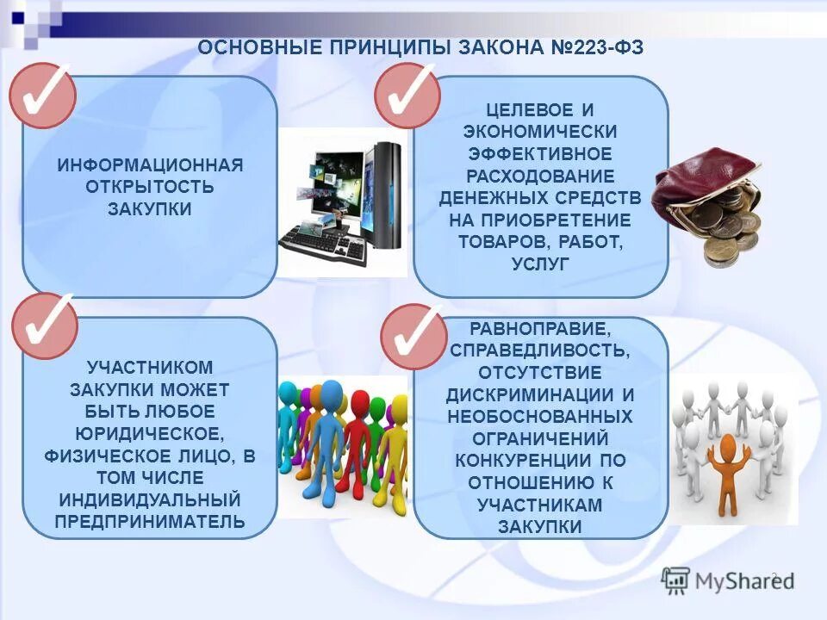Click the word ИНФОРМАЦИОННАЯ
150,164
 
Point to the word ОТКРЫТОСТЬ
150,187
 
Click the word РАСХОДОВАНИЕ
540,176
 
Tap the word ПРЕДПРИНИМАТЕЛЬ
150,522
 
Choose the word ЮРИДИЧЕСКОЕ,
150,433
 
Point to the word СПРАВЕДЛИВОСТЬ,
540,350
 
